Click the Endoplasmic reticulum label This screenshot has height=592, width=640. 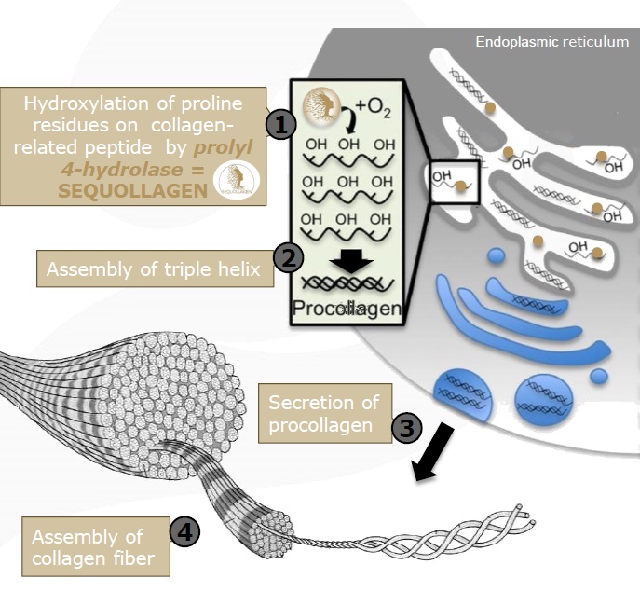551,42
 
